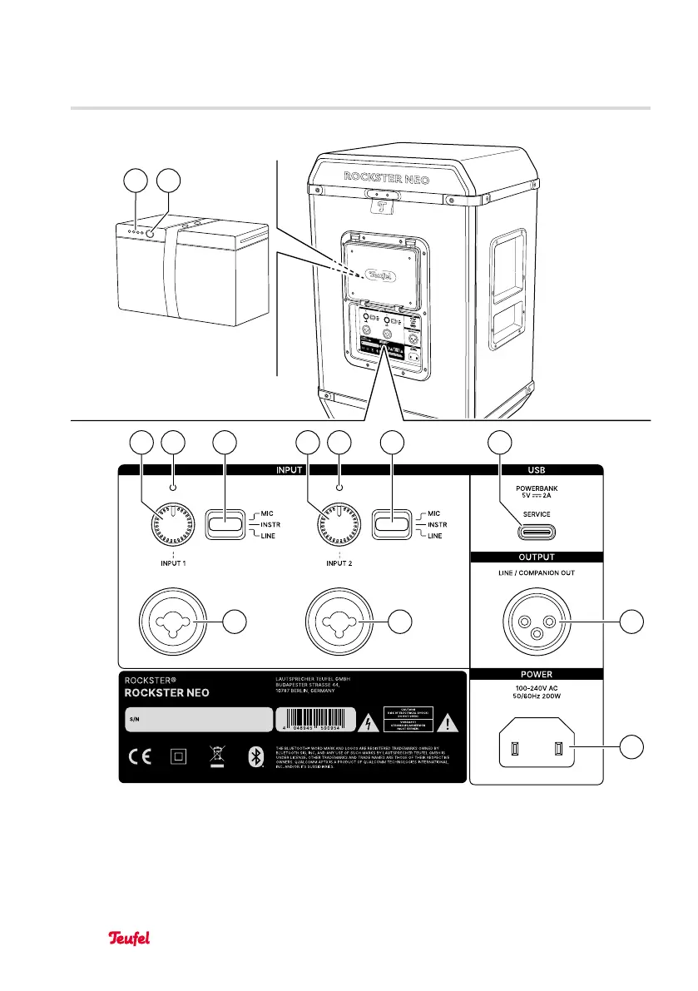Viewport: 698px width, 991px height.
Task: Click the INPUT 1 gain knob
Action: click(x=174, y=525)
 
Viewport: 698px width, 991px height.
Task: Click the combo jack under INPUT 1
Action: click(x=175, y=620)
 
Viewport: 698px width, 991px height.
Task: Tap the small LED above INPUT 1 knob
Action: click(x=174, y=488)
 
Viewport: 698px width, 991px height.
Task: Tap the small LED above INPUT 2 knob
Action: click(x=339, y=488)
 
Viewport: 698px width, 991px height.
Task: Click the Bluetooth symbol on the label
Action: click(x=255, y=758)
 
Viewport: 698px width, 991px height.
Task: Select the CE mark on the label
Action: click(x=137, y=758)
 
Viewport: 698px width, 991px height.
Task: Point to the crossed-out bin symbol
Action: click(x=216, y=758)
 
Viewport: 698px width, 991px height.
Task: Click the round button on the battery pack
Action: click(x=151, y=234)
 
